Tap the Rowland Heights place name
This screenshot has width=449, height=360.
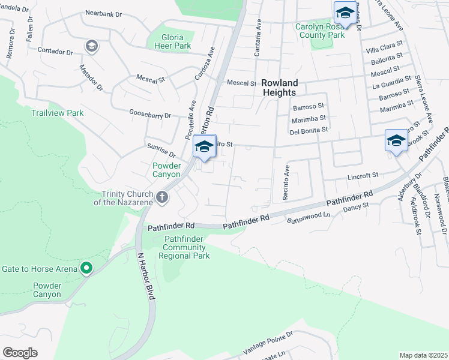[x=279, y=88]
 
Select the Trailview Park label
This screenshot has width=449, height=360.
[x=58, y=113]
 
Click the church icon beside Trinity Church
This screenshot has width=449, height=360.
[x=161, y=197]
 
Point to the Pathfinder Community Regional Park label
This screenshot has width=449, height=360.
[x=184, y=247]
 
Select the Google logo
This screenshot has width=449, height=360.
[x=20, y=352]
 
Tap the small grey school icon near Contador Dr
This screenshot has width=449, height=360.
[x=91, y=46]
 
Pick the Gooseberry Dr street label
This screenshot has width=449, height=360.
[x=151, y=114]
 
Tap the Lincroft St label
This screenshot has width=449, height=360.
[x=364, y=176]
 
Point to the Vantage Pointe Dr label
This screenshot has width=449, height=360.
[x=268, y=342]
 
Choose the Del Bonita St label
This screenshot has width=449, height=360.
[x=309, y=130]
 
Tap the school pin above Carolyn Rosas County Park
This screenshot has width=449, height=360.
[x=345, y=13]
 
